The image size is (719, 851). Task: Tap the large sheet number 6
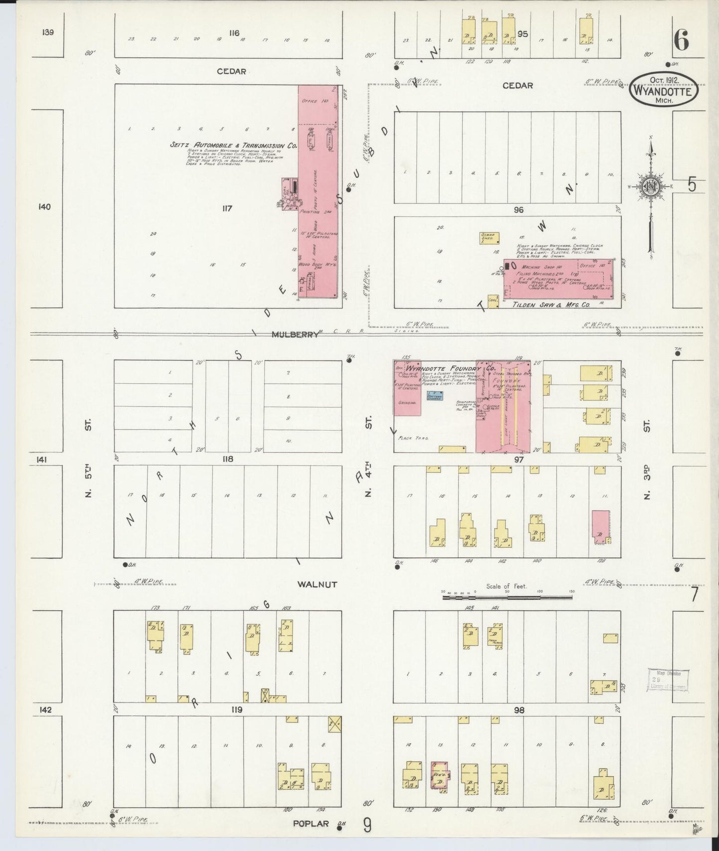point(681,40)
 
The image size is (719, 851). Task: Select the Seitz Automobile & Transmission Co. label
point(233,146)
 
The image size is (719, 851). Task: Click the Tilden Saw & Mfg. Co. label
point(551,304)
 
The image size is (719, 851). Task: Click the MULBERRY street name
point(295,334)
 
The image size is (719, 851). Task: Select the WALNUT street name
point(317,584)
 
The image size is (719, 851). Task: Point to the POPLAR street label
point(310,823)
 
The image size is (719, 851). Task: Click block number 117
point(227,208)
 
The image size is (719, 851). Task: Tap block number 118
point(227,459)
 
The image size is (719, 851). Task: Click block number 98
point(519,710)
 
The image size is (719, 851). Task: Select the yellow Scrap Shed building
point(489,238)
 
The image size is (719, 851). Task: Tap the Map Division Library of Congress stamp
point(668,680)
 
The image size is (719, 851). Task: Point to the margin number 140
point(44,207)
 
